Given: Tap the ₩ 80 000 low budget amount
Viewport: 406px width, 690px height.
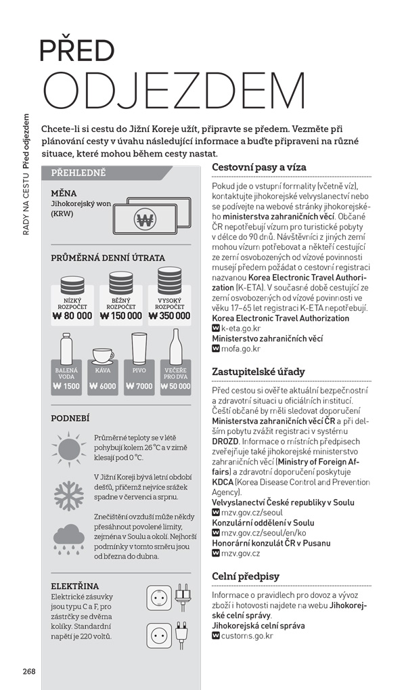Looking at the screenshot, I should (72, 316).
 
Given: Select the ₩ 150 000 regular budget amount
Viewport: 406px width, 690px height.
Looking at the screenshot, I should (122, 316).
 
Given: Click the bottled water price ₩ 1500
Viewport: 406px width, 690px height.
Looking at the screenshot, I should (66, 387).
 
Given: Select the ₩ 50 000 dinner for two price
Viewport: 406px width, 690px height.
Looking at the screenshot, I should (177, 387).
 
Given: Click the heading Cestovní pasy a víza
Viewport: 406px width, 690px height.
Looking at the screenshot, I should (259, 167).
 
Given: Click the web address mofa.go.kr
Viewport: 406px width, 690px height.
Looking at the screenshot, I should (240, 349).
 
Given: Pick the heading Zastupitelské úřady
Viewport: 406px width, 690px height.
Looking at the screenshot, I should (258, 372).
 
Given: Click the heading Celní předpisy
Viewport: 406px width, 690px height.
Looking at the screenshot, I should (246, 576).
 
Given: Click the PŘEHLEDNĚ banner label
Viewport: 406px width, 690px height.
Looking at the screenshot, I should (78, 173).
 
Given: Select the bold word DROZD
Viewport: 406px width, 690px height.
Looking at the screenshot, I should (225, 441).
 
